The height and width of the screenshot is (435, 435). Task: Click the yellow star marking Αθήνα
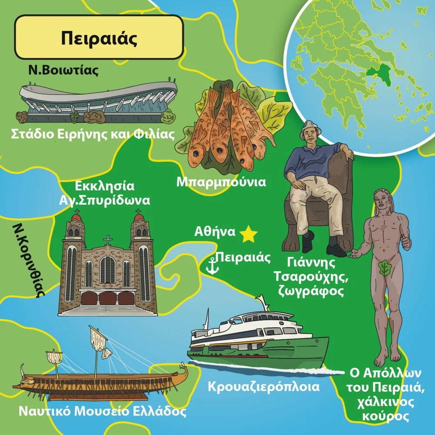point(249,234)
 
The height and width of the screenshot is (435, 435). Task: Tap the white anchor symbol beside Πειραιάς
point(212,266)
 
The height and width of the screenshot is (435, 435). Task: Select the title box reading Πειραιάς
point(99,37)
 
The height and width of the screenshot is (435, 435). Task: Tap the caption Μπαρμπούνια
point(221,182)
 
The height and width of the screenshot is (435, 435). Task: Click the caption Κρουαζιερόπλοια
point(264,386)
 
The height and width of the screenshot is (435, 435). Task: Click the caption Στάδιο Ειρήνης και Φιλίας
point(93,134)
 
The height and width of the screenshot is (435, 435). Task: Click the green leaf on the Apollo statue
point(385,268)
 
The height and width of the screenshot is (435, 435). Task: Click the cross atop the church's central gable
point(107,240)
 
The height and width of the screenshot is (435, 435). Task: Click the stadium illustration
point(98,100)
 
